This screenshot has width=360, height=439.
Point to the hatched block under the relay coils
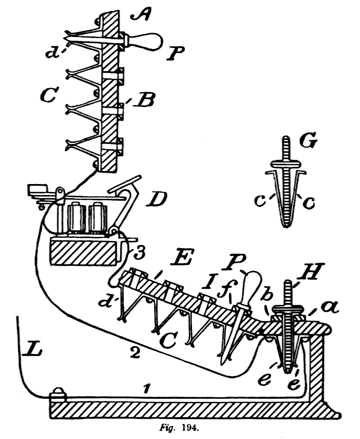(x=83, y=251)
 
